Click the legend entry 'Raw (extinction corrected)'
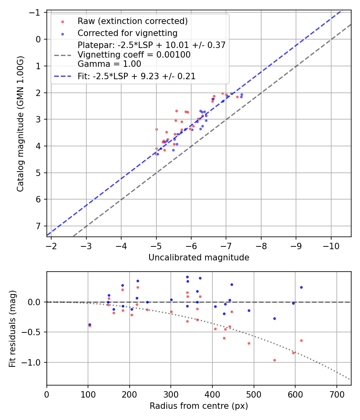pyautogui.click(x=132, y=21)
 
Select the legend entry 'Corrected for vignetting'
pyautogui.click(x=127, y=33)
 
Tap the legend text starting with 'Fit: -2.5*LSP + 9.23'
pyautogui.click(x=136, y=76)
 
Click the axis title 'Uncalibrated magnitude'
pyautogui.click(x=199, y=258)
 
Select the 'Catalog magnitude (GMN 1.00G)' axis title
pyautogui.click(x=20, y=123)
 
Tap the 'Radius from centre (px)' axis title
pyautogui.click(x=199, y=406)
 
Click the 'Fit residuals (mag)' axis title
pyautogui.click(x=12, y=328)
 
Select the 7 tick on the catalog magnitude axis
pyautogui.click(x=38, y=226)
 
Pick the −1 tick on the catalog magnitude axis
pyautogui.click(x=36, y=13)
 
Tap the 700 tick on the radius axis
pyautogui.click(x=336, y=394)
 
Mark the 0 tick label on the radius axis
pyautogui.click(x=47, y=394)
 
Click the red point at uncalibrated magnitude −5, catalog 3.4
pyautogui.click(x=156, y=129)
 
